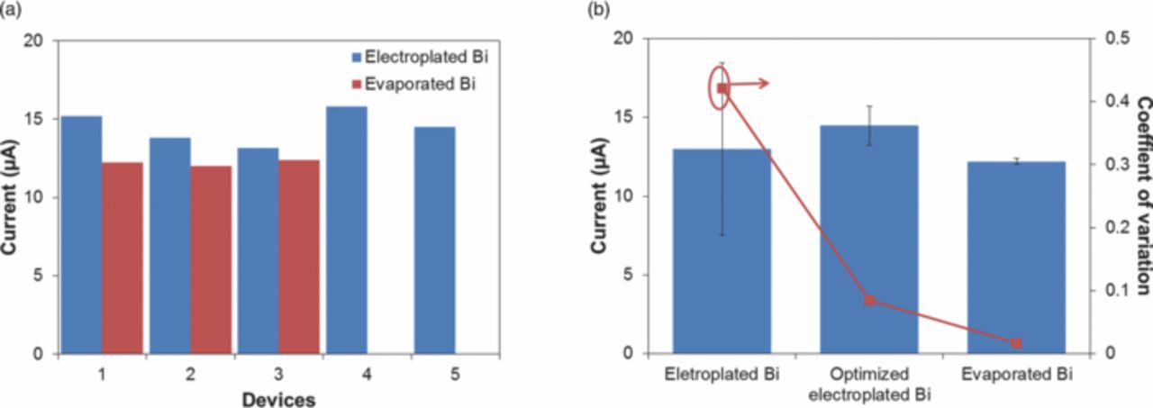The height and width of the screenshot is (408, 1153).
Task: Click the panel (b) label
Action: point(599,10)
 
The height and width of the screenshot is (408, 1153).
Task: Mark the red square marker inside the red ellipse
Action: point(722,88)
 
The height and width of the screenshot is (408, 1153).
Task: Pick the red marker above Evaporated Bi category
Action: point(1016,343)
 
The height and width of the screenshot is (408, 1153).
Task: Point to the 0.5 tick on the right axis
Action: point(1105,39)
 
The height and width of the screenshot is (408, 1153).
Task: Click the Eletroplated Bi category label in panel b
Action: point(722,373)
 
